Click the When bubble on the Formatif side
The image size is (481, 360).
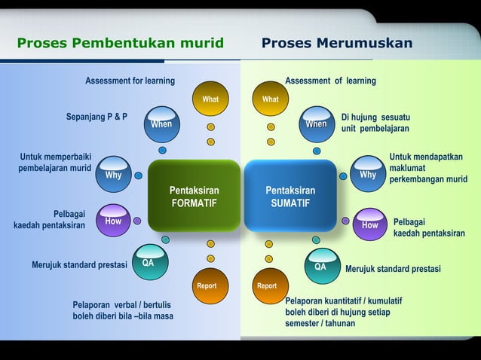(161, 124)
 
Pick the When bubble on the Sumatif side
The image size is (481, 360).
(317, 124)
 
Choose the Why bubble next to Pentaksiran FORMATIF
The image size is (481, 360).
(114, 175)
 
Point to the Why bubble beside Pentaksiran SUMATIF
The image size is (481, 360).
(368, 175)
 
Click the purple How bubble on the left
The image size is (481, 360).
(113, 221)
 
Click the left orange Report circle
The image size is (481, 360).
(207, 286)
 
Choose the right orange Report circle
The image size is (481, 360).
(267, 286)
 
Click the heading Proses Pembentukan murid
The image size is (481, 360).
(121, 43)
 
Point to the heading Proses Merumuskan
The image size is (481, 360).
(337, 43)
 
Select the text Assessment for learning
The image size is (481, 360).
(130, 81)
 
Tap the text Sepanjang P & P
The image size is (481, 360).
(97, 117)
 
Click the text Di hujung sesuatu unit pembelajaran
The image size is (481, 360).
(375, 123)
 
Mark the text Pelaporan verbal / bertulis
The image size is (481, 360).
(121, 305)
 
